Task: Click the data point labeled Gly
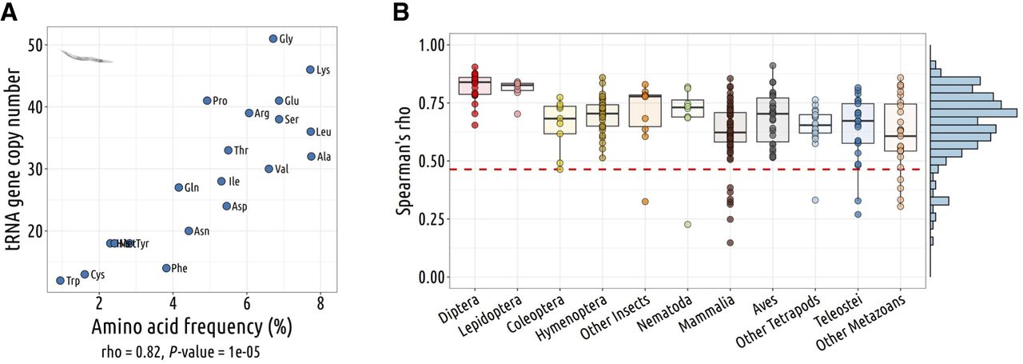click(x=273, y=38)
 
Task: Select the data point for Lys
click(x=310, y=70)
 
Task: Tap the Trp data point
click(x=60, y=281)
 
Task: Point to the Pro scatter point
click(x=207, y=101)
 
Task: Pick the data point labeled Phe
click(x=166, y=268)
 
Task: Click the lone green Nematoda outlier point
click(x=687, y=225)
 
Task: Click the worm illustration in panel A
click(x=86, y=56)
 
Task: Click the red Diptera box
click(x=475, y=86)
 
